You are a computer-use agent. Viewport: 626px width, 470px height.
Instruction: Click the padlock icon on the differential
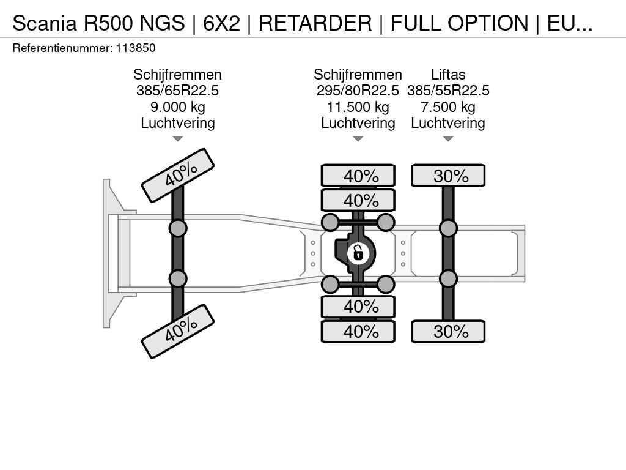(x=358, y=252)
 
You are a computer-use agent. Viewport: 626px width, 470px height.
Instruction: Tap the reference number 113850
(x=135, y=48)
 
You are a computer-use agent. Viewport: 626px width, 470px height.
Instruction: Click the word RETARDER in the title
(x=314, y=23)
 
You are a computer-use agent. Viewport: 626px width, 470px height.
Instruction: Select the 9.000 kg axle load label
(x=177, y=107)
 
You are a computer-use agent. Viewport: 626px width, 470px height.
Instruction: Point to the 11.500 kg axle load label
(x=358, y=107)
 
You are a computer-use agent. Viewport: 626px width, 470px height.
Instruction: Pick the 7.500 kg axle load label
(x=448, y=107)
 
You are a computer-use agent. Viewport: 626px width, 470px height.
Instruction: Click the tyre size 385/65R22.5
(x=177, y=91)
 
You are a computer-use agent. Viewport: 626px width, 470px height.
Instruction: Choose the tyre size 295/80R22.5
(x=358, y=91)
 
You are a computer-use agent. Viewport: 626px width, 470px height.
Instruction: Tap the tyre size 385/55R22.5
(x=448, y=91)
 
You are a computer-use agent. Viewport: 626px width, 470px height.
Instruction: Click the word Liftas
(x=448, y=75)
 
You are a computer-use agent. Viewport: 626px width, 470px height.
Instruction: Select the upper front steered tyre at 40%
(x=178, y=175)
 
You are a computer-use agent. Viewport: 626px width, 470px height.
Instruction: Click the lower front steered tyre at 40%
(x=178, y=331)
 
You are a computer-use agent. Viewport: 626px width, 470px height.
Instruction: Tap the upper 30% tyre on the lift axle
(x=448, y=176)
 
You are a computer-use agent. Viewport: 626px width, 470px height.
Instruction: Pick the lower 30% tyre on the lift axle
(x=448, y=332)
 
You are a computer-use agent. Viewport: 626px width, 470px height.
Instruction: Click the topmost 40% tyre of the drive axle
(x=358, y=176)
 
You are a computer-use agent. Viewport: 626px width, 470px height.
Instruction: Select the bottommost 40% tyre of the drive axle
(x=358, y=332)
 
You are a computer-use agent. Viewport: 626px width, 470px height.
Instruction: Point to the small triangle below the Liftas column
(x=448, y=139)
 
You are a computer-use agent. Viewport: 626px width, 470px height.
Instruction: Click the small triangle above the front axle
(x=177, y=139)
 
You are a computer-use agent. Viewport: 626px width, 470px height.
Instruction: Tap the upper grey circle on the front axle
(x=178, y=228)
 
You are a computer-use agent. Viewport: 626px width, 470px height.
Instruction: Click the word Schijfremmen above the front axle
(x=177, y=75)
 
